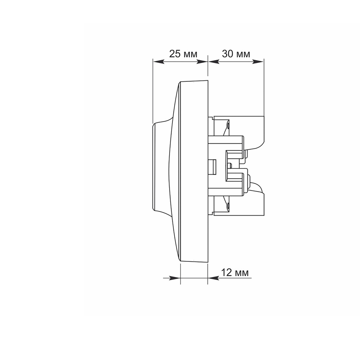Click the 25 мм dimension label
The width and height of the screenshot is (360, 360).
point(183,54)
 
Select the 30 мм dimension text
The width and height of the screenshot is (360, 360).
point(236,54)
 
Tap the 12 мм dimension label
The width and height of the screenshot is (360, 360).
point(235,273)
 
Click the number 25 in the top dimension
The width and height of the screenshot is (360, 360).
point(175,54)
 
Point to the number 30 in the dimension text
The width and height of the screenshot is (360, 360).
point(228,54)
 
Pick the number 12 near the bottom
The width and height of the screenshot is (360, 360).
point(226,273)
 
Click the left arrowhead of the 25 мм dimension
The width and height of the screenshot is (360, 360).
point(159,62)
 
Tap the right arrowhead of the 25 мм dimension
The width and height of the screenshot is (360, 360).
point(202,62)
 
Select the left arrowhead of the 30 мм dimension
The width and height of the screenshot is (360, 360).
point(213,62)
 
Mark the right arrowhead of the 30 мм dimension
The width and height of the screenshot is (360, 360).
point(258,62)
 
